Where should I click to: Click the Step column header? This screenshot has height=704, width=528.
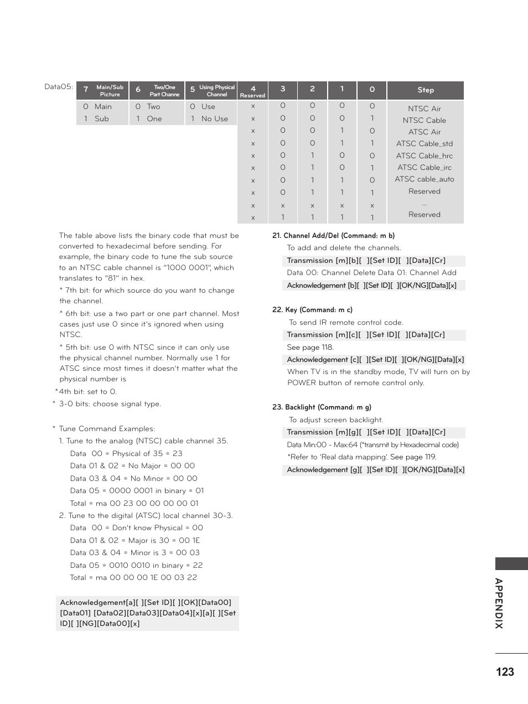425,90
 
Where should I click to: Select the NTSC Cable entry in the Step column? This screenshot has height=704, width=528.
424,121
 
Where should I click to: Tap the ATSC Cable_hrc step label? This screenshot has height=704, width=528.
424,156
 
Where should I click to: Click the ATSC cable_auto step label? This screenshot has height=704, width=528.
424,179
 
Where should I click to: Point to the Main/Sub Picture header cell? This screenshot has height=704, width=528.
103,91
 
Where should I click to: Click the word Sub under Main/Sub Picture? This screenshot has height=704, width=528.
102,119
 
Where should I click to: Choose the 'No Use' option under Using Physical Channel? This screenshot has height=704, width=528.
214,119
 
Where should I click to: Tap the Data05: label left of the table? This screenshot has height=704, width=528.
59,87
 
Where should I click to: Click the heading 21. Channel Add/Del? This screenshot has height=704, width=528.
333,236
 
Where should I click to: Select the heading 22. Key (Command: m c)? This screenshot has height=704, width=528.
312,310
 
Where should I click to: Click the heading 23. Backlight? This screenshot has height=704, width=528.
322,407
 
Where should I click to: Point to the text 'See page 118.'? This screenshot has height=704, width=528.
310,348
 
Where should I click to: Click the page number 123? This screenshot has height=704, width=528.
505,672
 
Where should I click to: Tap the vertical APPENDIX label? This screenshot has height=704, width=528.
499,603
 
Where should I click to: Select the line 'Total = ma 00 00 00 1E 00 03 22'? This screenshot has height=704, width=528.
133,578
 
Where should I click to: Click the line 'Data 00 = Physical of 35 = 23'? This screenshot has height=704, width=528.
126,454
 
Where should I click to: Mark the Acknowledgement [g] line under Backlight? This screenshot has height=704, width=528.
375,470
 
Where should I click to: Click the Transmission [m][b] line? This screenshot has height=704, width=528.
366,261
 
